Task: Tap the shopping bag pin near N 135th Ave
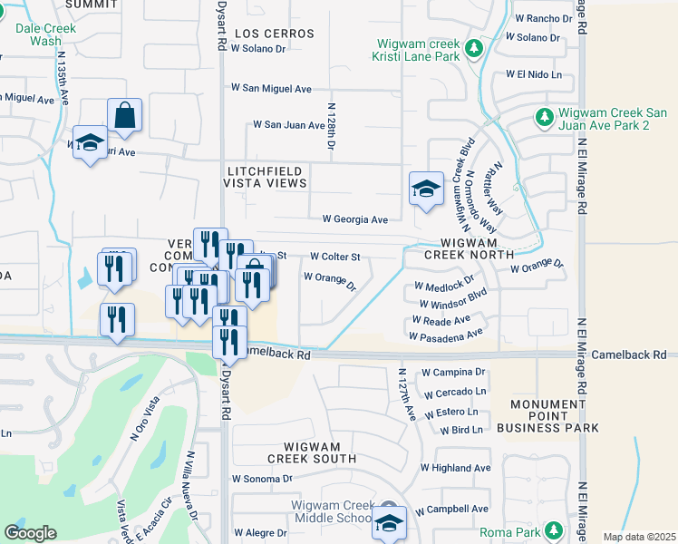pyautogui.click(x=125, y=116)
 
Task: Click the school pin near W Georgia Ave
pyautogui.click(x=426, y=189)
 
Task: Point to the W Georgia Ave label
pyautogui.click(x=355, y=219)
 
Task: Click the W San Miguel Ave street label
pyautogui.click(x=271, y=89)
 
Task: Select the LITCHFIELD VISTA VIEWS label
pyautogui.click(x=266, y=176)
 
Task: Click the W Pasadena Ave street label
pyautogui.click(x=446, y=336)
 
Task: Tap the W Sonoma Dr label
pyautogui.click(x=263, y=478)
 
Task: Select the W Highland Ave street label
pyautogui.click(x=455, y=468)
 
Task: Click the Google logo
pyautogui.click(x=30, y=533)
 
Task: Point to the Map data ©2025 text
pyautogui.click(x=638, y=537)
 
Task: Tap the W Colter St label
pyautogui.click(x=335, y=257)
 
